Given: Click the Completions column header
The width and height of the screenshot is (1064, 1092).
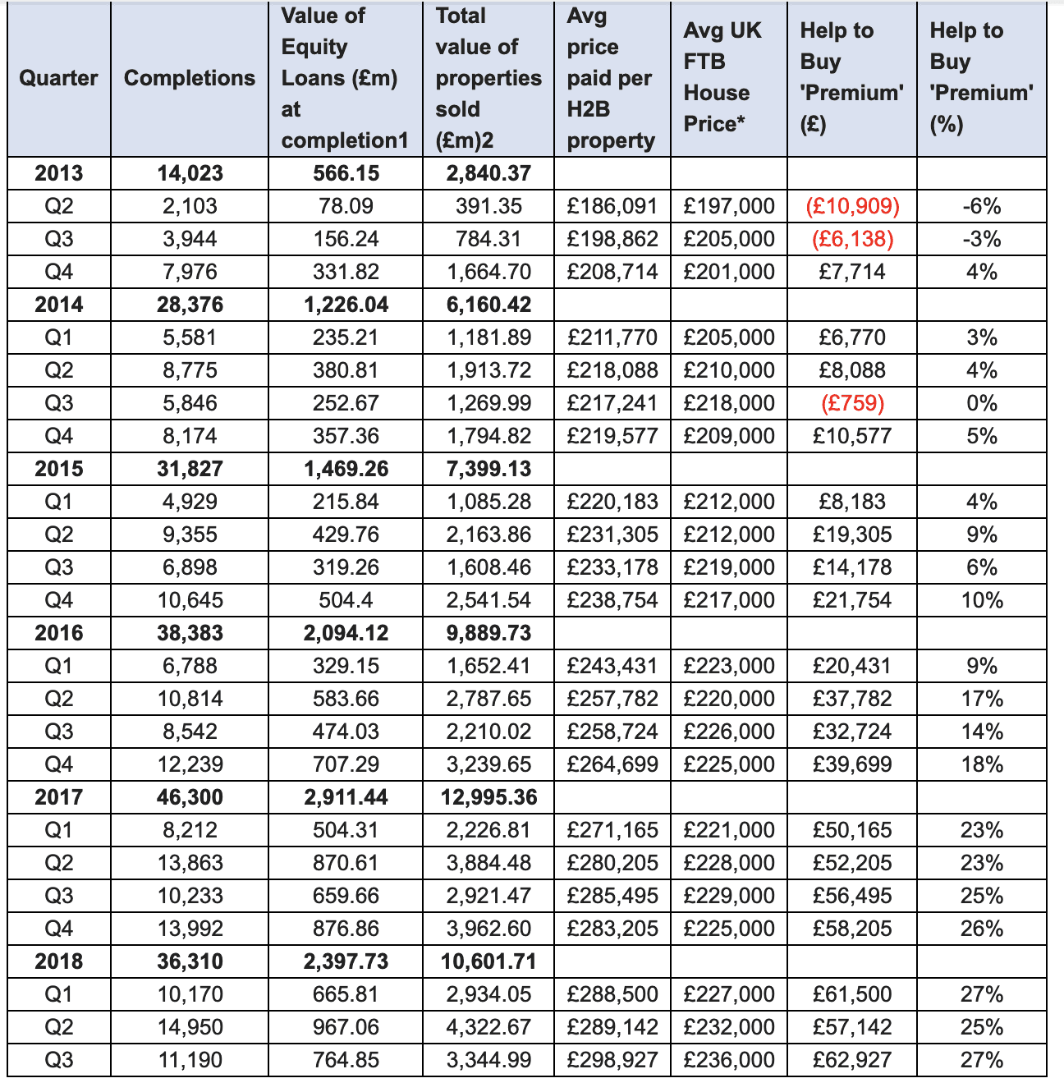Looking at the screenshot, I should (190, 78).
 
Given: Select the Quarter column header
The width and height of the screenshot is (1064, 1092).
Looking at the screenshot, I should (58, 78).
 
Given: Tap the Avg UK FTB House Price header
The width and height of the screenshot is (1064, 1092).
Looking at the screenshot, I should (722, 77).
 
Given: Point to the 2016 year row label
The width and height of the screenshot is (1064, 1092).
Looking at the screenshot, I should (58, 633).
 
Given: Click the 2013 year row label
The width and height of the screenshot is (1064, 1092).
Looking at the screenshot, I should (58, 173).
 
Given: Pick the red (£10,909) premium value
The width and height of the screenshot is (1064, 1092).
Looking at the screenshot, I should (852, 206).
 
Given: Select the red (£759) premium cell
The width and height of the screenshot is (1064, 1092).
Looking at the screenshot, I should (852, 403).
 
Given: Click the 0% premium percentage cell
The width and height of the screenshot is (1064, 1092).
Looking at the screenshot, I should (981, 403).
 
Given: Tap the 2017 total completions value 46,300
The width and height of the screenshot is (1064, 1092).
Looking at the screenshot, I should (190, 797).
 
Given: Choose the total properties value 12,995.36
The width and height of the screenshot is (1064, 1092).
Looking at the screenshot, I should (488, 797).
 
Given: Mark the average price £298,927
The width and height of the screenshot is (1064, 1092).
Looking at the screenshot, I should (612, 1060).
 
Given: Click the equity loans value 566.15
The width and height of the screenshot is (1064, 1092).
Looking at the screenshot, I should (346, 173).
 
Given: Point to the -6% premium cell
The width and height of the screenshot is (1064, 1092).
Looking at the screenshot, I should (981, 206).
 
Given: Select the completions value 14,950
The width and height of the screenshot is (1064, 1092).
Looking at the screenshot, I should (190, 1027).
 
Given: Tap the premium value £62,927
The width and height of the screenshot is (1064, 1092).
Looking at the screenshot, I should (852, 1060).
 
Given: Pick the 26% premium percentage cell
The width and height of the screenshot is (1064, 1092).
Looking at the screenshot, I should (981, 929).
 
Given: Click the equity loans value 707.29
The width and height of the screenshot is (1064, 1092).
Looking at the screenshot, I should (346, 764).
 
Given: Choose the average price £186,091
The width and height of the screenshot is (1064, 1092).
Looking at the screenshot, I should (612, 206).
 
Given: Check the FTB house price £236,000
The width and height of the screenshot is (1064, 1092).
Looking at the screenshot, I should (729, 1060).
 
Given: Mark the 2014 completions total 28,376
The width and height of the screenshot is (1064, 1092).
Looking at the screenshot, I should (190, 305).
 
